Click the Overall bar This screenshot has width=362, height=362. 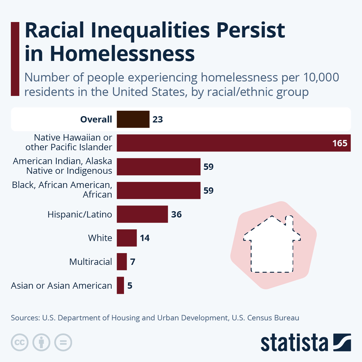[x=133, y=119]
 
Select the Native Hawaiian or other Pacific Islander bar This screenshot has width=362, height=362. [x=233, y=143]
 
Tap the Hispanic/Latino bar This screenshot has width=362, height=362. [x=142, y=214]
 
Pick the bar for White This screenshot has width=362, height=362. [x=127, y=238]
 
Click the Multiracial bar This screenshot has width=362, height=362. [x=122, y=262]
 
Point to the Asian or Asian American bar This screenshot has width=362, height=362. [x=120, y=285]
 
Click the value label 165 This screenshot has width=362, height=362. [x=340, y=143]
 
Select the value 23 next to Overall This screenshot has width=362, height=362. [x=157, y=119]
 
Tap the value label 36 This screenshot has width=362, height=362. [x=176, y=214]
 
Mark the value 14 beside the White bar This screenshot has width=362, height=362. [x=144, y=238]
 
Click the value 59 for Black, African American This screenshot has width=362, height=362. [x=208, y=191]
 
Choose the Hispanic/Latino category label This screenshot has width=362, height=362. [x=80, y=214]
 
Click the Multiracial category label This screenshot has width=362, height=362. [x=91, y=262]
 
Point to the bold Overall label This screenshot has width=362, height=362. [x=96, y=119]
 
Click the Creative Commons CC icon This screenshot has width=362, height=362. [x=20, y=342]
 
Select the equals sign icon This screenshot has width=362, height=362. [x=63, y=342]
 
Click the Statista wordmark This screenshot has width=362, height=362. [x=294, y=343]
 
